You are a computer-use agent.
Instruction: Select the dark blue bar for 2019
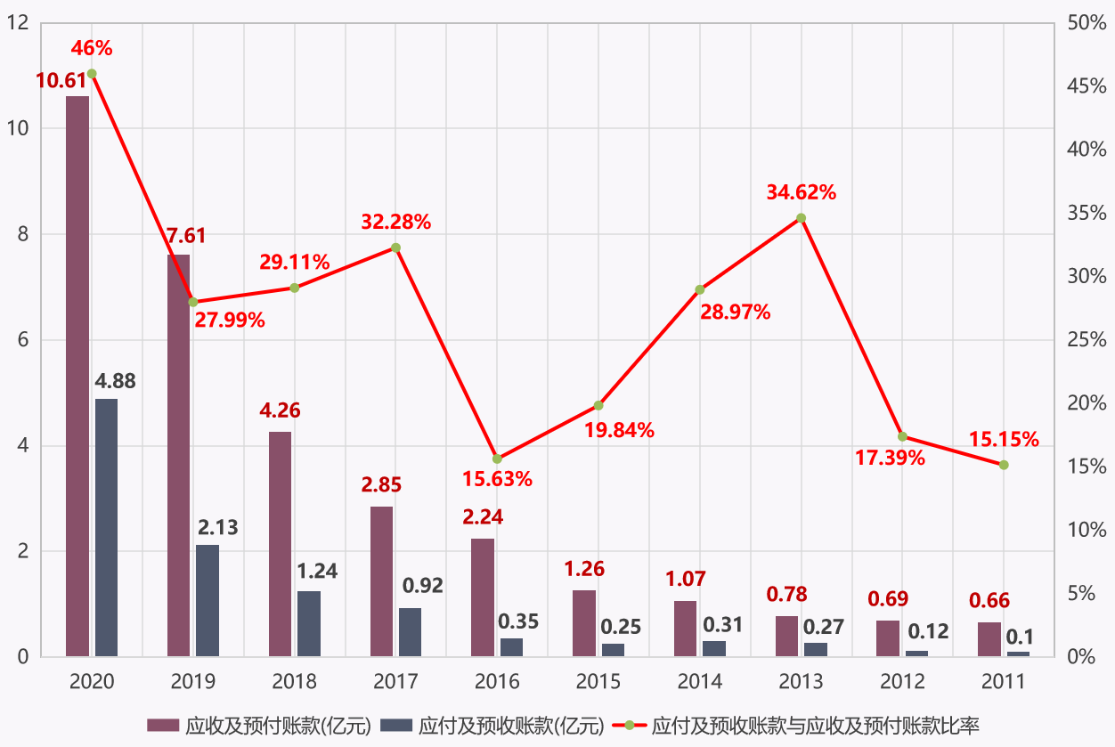208,601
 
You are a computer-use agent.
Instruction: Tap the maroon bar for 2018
280,544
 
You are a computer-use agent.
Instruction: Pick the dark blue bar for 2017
410,632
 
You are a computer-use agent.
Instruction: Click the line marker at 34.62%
801,218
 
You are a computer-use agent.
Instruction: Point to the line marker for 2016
497,459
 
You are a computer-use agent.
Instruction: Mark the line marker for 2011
1004,465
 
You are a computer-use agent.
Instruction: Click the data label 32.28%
396,223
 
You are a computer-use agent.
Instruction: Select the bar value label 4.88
116,382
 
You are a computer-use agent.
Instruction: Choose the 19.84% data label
620,431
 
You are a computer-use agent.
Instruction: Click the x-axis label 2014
700,682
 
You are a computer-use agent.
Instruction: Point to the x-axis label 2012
902,682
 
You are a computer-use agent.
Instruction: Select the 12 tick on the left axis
18,22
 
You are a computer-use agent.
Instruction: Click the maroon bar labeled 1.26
584,623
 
